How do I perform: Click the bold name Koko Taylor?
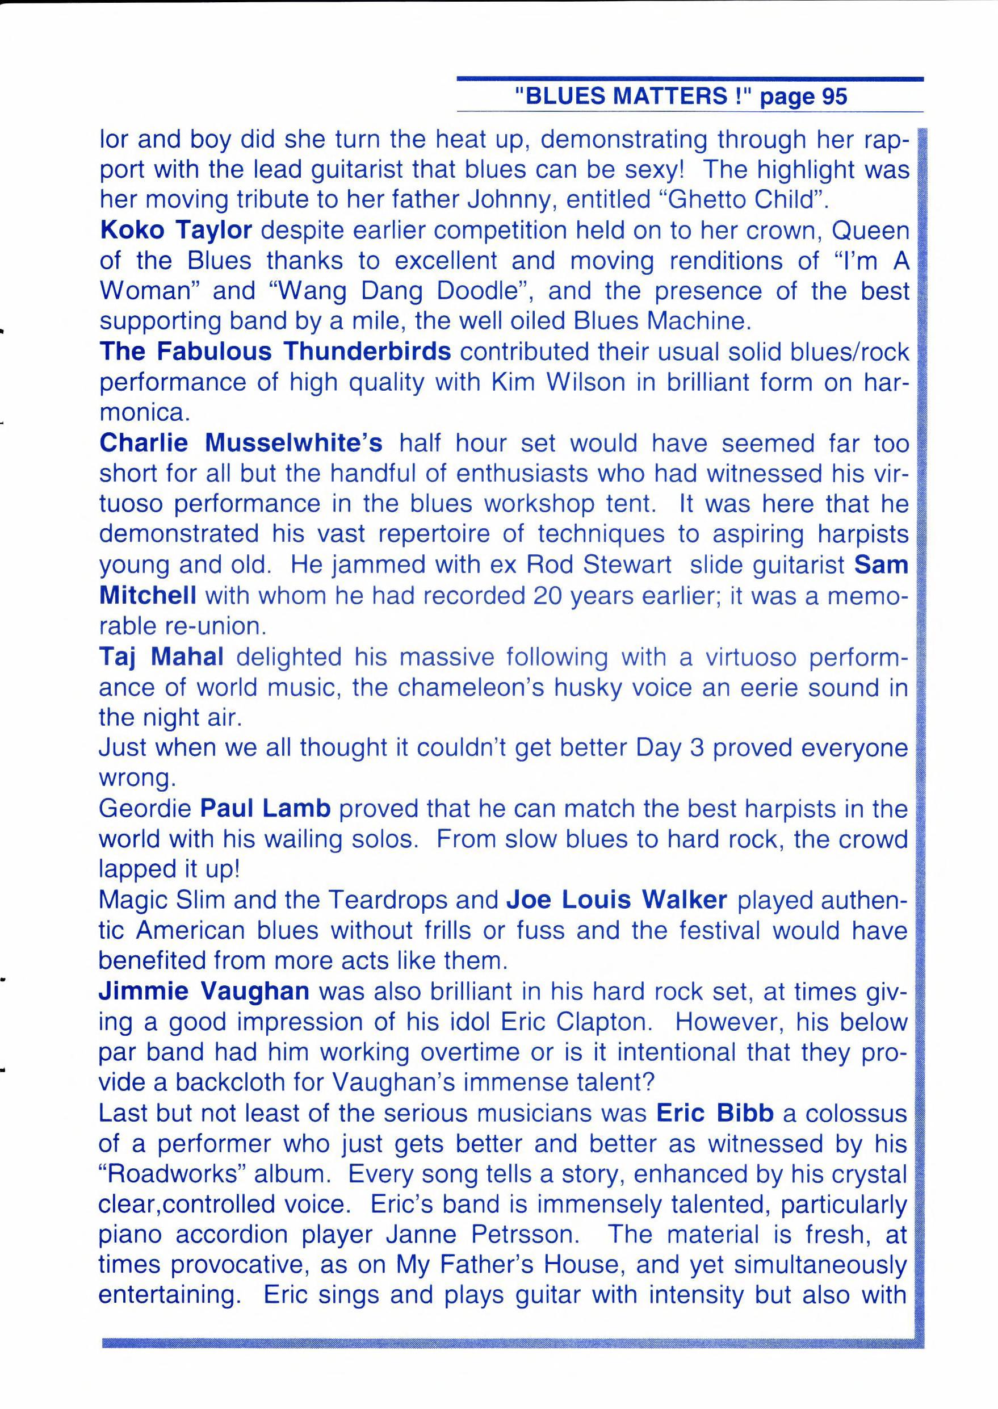[x=176, y=231]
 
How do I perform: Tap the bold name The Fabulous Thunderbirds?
[x=275, y=352]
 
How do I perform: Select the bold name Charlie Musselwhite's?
[x=241, y=442]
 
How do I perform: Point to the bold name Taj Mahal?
[x=161, y=657]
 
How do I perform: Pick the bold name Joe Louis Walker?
[x=617, y=900]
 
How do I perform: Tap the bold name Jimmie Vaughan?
[x=204, y=992]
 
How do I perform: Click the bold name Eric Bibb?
[x=714, y=1113]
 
